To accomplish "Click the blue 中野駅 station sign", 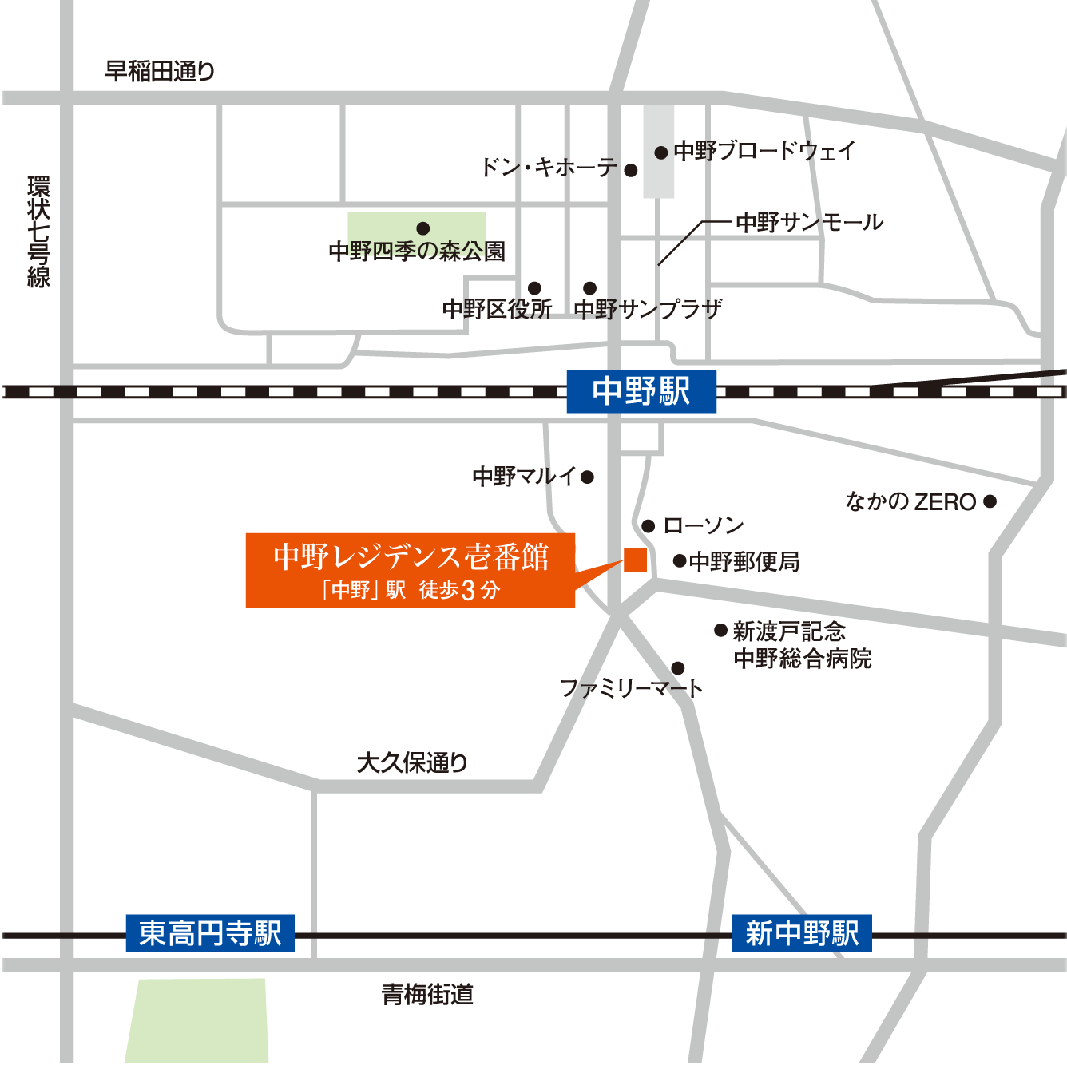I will (641, 391).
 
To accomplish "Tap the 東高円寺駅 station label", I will (210, 932).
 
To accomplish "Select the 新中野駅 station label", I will (802, 932).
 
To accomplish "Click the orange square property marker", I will (636, 560).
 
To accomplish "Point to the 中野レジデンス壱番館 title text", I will (411, 556).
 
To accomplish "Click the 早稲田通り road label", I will (160, 71).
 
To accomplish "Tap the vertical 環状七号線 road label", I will (38, 232).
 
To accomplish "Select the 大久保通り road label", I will (412, 762).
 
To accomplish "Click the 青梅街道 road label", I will (427, 994).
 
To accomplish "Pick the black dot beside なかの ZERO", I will (990, 501).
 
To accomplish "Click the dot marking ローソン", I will (649, 526).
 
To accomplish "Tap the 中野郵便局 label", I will (744, 562).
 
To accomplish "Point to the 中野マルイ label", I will (524, 477).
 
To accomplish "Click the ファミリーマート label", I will (631, 688).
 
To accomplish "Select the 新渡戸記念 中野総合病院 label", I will (802, 645).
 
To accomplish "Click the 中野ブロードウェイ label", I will (764, 151).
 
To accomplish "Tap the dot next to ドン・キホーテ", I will (631, 170).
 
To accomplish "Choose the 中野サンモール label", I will (809, 222).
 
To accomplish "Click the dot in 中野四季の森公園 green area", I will (423, 228).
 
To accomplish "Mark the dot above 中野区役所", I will (534, 288).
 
